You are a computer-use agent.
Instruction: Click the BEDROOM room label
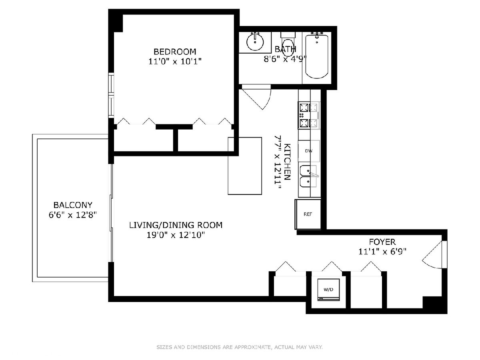pyautogui.click(x=175, y=52)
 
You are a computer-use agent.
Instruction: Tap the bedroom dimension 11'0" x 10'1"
pyautogui.click(x=175, y=62)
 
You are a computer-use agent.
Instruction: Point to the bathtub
pyautogui.click(x=317, y=56)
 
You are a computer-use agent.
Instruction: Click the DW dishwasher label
pyautogui.click(x=308, y=151)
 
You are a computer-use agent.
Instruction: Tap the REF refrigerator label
pyautogui.click(x=308, y=214)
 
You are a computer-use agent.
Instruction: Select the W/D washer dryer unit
pyautogui.click(x=328, y=290)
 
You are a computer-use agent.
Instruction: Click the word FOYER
pyautogui.click(x=382, y=242)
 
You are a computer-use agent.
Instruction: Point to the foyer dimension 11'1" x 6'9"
pyautogui.click(x=382, y=252)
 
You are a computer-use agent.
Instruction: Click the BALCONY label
pyautogui.click(x=73, y=205)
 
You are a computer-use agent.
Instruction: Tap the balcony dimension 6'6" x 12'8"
pyautogui.click(x=73, y=215)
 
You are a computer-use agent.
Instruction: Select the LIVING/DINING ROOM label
pyautogui.click(x=176, y=225)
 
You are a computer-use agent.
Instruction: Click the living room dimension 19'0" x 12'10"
pyautogui.click(x=176, y=235)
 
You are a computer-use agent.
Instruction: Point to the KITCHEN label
pyautogui.click(x=287, y=162)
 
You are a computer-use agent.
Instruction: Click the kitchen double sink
pyautogui.click(x=308, y=176)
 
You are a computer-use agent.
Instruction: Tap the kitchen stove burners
pyautogui.click(x=308, y=115)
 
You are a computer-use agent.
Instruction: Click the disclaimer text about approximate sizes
pyautogui.click(x=240, y=347)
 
